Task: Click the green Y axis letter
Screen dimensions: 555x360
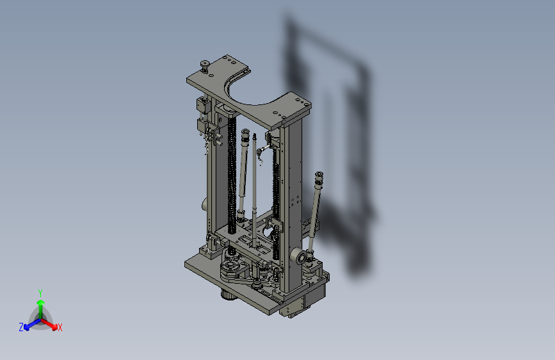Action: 40,293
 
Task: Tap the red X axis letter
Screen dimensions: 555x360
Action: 60,328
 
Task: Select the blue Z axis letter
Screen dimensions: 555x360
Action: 21,327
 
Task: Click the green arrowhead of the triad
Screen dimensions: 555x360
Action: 41,302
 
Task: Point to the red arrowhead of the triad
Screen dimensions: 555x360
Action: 54,326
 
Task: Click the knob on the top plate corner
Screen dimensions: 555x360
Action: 205,65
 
